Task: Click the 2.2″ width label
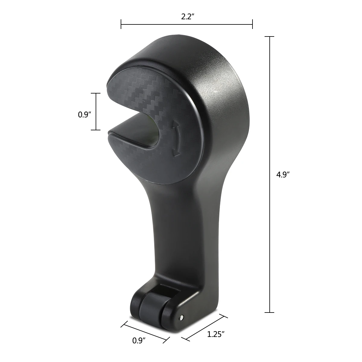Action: click(187, 17)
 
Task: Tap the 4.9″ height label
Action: click(283, 175)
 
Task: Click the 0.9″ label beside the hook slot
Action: click(84, 115)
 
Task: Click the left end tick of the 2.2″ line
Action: click(121, 24)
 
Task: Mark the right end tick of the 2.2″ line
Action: click(252, 24)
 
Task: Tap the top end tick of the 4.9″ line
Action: click(269, 37)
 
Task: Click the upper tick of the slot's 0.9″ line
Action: click(96, 93)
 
